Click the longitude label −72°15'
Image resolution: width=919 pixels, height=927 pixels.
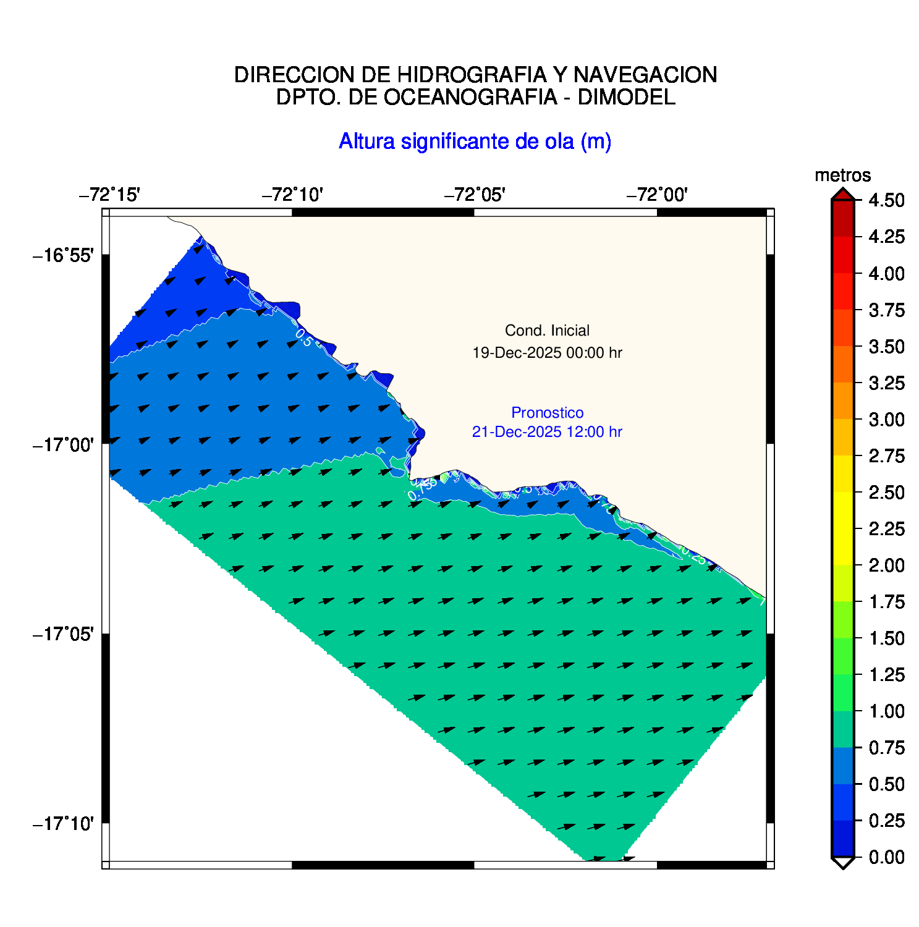[109, 195]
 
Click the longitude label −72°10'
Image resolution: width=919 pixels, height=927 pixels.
[292, 195]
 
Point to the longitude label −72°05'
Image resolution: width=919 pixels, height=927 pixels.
[475, 195]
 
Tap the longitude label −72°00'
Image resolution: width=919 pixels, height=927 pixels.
[657, 195]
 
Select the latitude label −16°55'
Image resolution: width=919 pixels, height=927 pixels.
[63, 255]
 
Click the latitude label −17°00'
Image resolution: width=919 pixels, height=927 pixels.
[63, 444]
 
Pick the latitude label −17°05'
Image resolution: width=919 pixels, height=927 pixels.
[63, 634]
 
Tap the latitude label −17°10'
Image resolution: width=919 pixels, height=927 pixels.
[63, 824]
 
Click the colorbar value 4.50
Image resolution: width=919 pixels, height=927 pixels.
[886, 201]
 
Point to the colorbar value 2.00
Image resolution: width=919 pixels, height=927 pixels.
[886, 565]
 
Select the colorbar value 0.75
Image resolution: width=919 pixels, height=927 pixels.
[886, 748]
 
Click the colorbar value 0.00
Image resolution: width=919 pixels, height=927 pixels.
[886, 857]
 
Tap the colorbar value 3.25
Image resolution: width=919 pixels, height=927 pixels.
[886, 383]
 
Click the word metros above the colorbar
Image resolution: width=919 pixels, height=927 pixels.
[842, 176]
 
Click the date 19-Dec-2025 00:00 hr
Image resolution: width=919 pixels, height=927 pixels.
[547, 353]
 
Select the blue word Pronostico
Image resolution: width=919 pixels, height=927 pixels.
[547, 413]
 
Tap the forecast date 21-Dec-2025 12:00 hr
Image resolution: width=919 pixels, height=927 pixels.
[547, 432]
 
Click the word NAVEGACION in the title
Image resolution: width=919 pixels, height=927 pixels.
[645, 75]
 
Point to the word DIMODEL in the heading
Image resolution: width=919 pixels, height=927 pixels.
[626, 97]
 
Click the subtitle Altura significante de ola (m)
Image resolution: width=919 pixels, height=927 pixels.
[475, 142]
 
